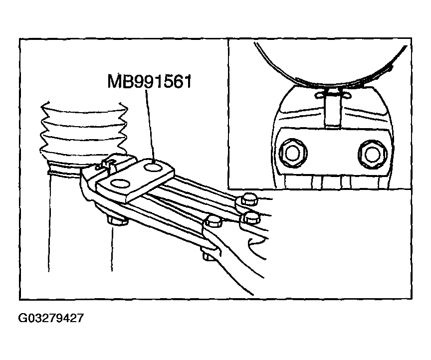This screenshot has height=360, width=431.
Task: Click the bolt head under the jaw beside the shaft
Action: [x=116, y=221]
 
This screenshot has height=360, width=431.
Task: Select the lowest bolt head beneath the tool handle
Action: [x=208, y=255]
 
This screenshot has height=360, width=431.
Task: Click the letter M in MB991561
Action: [x=113, y=81]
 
